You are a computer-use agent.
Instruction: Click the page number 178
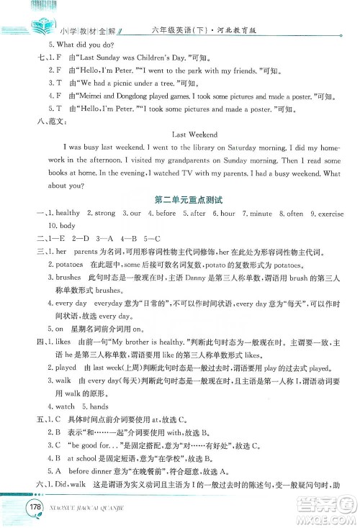32,508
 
